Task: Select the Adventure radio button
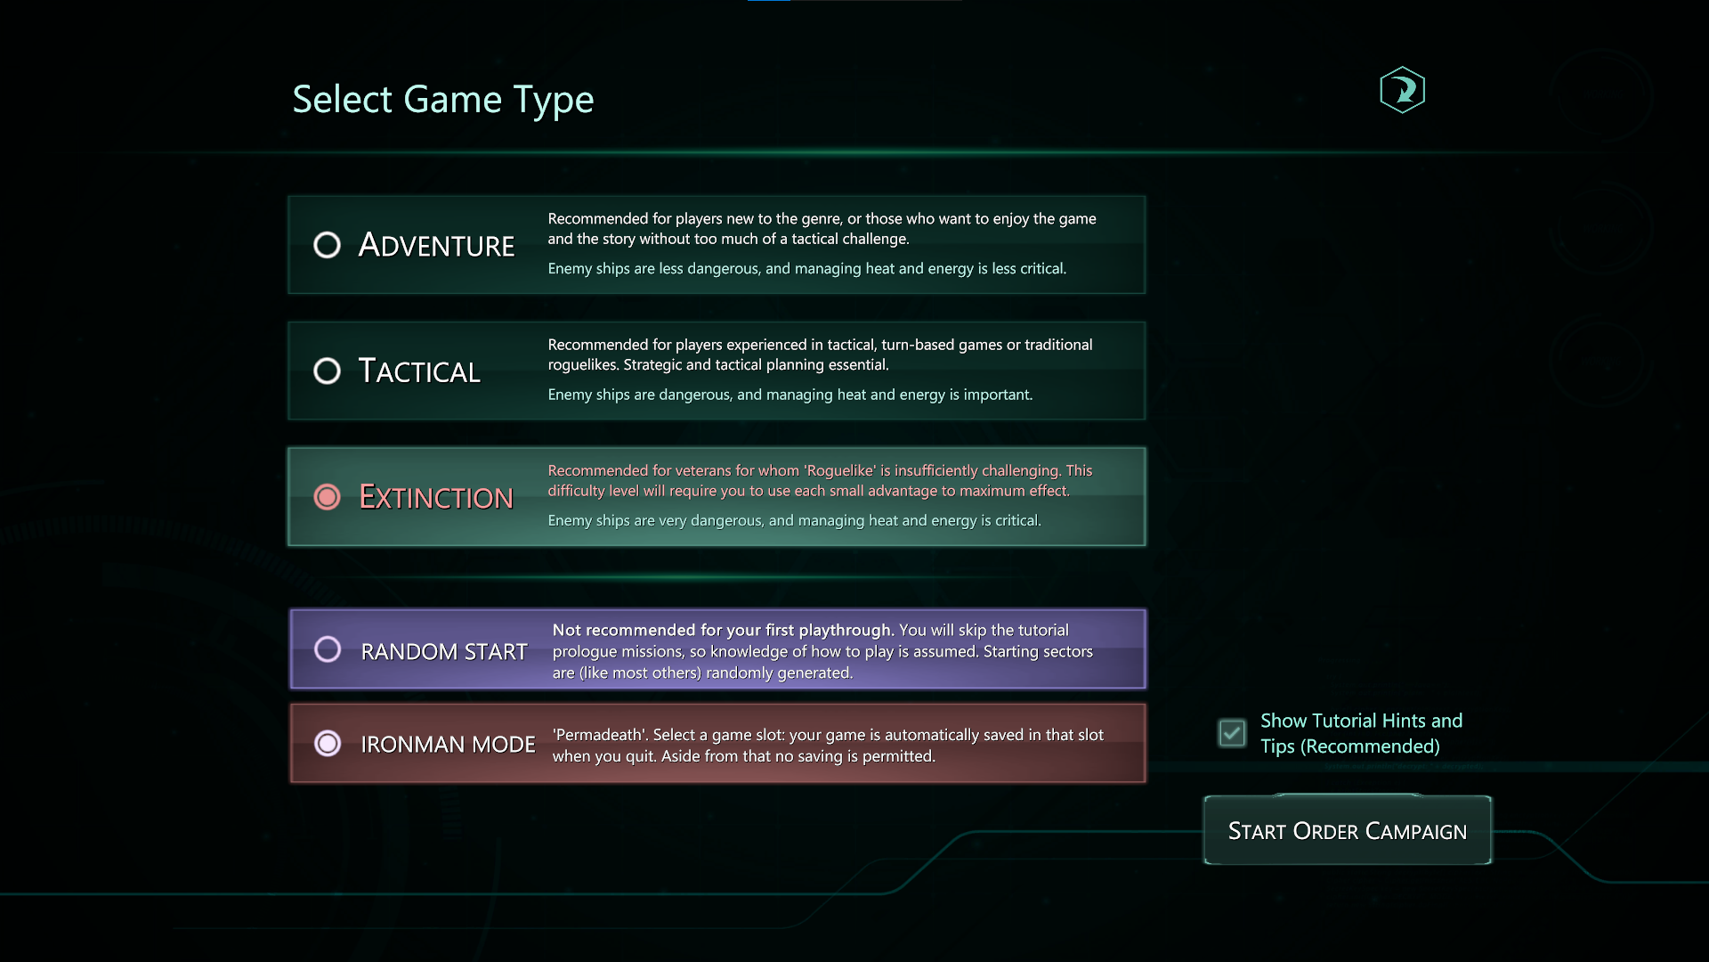328,245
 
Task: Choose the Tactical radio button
328,371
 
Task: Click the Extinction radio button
328,497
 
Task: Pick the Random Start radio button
328,649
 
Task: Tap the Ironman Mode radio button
328,743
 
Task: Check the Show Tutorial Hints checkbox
1232,733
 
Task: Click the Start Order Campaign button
1348,830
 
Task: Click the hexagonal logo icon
1403,90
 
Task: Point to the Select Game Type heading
443,100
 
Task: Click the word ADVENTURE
436,245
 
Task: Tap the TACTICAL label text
419,371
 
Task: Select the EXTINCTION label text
436,497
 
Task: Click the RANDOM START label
444,651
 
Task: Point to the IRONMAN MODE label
448,744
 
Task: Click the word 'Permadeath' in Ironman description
599,735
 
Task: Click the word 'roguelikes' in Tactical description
583,365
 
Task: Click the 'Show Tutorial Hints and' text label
1361,721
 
